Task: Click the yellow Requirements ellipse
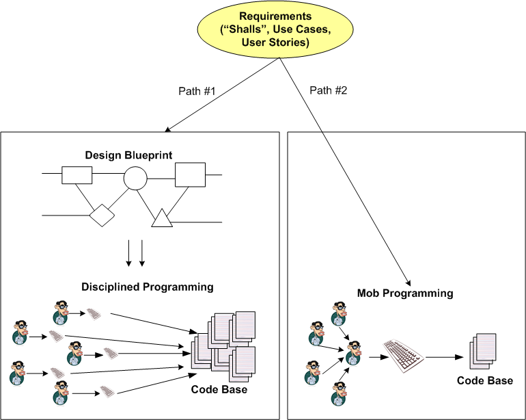[x=275, y=29]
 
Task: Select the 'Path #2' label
[x=328, y=90]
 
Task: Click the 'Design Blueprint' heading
[x=128, y=155]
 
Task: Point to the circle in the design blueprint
[x=135, y=179]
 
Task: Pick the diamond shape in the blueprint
[x=101, y=215]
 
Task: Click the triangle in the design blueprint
[x=163, y=218]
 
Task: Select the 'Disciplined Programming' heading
[x=148, y=286]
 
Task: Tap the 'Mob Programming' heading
[x=405, y=293]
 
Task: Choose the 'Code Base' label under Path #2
[x=484, y=380]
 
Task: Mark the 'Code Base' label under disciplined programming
[x=219, y=389]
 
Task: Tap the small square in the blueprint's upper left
[x=77, y=175]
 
